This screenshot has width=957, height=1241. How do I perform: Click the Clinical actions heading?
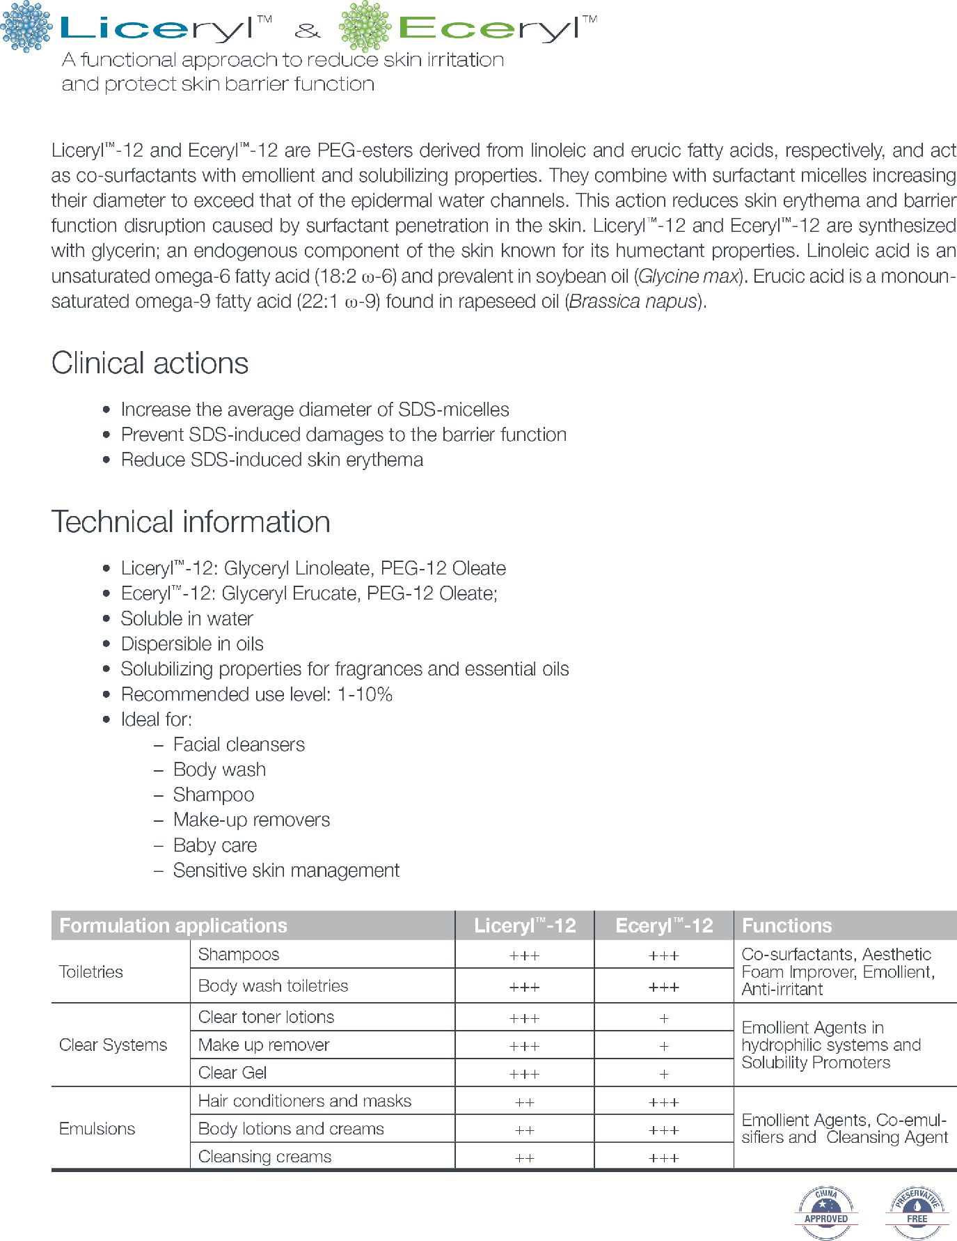(150, 364)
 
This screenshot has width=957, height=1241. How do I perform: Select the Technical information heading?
(191, 522)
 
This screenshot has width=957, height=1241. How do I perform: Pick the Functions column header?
(786, 926)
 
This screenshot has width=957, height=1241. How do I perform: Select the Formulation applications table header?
(173, 926)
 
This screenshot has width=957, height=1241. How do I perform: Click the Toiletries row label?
(91, 971)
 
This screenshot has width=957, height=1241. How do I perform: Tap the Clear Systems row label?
(113, 1045)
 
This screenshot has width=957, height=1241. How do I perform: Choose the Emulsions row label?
(97, 1128)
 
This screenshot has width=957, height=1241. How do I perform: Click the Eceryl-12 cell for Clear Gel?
(663, 1074)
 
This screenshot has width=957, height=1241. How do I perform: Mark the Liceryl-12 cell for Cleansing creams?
(524, 1157)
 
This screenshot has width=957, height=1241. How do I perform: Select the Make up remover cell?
(264, 1045)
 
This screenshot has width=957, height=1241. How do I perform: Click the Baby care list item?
(215, 845)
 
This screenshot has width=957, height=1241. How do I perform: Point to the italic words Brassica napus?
(633, 302)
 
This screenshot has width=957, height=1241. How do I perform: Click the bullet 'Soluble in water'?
(187, 618)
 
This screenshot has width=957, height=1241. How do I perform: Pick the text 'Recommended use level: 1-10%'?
(256, 694)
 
